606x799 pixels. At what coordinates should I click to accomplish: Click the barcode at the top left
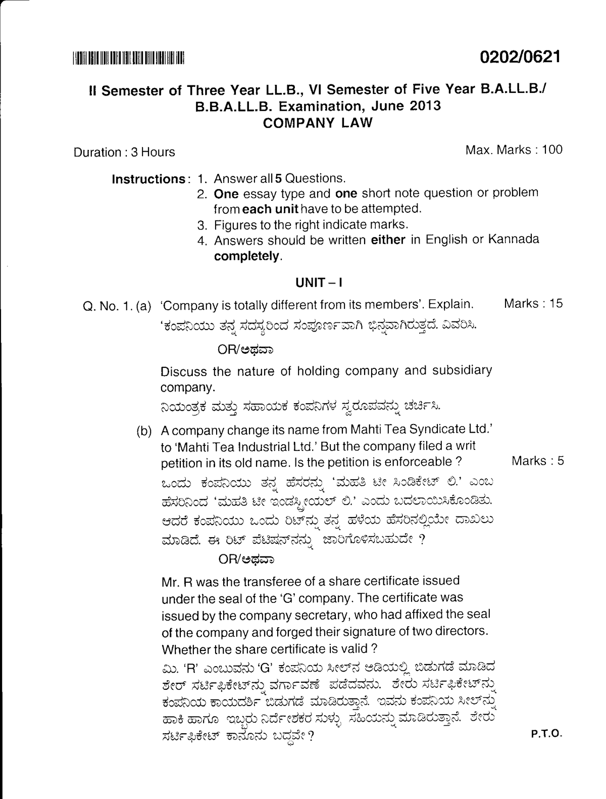[129, 58]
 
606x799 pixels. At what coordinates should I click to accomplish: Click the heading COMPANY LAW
[318, 123]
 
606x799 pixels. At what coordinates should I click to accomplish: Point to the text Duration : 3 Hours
[124, 152]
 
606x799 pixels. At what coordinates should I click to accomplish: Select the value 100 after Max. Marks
[552, 150]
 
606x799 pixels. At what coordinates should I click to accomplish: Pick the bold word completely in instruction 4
[246, 256]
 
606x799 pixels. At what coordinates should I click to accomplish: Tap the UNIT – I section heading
[319, 283]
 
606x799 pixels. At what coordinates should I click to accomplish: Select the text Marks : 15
[533, 304]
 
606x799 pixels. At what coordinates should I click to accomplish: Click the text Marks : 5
[537, 460]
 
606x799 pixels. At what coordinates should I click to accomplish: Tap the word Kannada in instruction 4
[514, 239]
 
